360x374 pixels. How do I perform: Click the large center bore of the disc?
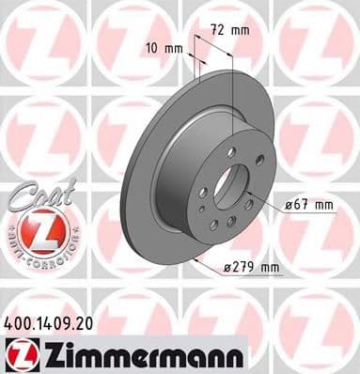click(x=229, y=184)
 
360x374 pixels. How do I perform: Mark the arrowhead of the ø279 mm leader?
click(x=194, y=257)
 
